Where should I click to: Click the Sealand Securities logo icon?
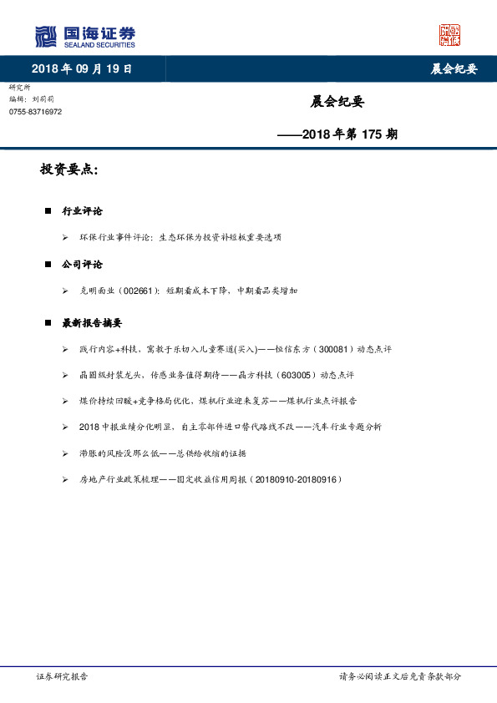[46, 37]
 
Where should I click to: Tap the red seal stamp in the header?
[450, 35]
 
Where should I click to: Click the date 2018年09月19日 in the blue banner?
[82, 69]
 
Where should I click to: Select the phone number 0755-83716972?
[35, 112]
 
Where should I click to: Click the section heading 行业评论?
[82, 211]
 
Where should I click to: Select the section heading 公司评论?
[82, 265]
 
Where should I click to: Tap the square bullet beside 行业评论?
[49, 211]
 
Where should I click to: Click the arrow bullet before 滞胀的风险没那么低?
[64, 453]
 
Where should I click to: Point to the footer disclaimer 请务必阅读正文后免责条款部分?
[399, 676]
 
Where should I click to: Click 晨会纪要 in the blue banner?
[454, 69]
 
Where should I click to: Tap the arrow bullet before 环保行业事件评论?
[64, 238]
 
